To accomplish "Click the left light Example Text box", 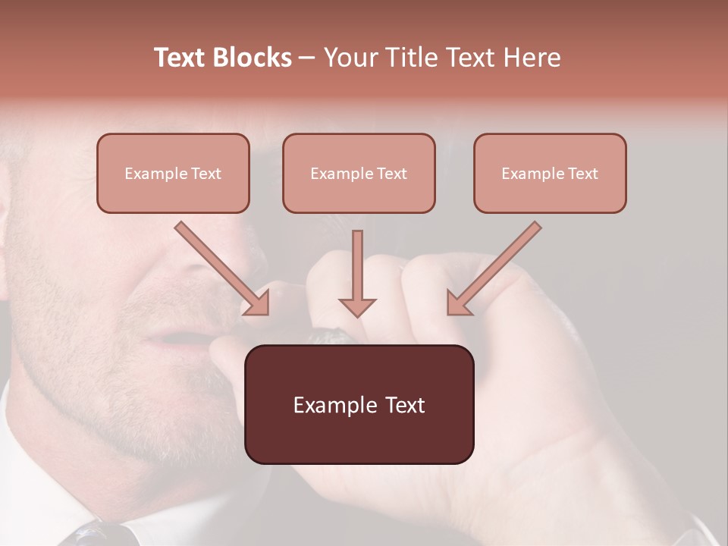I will [173, 173].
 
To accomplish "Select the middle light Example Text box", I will [359, 173].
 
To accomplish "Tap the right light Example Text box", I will [550, 173].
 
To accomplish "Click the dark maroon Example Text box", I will [359, 404].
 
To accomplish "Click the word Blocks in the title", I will [252, 58].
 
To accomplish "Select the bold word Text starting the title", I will [180, 58].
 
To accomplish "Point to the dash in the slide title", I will [306, 58].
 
